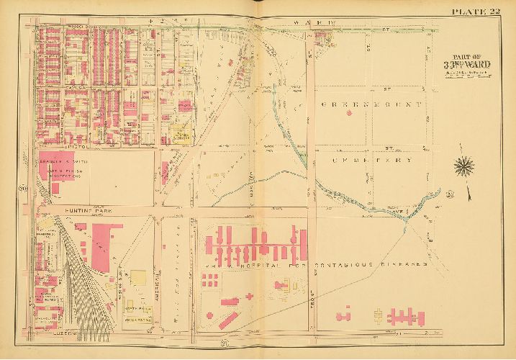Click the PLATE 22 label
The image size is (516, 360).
click(476, 10)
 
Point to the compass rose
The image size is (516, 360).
click(464, 167)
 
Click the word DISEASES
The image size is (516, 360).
click(407, 264)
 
